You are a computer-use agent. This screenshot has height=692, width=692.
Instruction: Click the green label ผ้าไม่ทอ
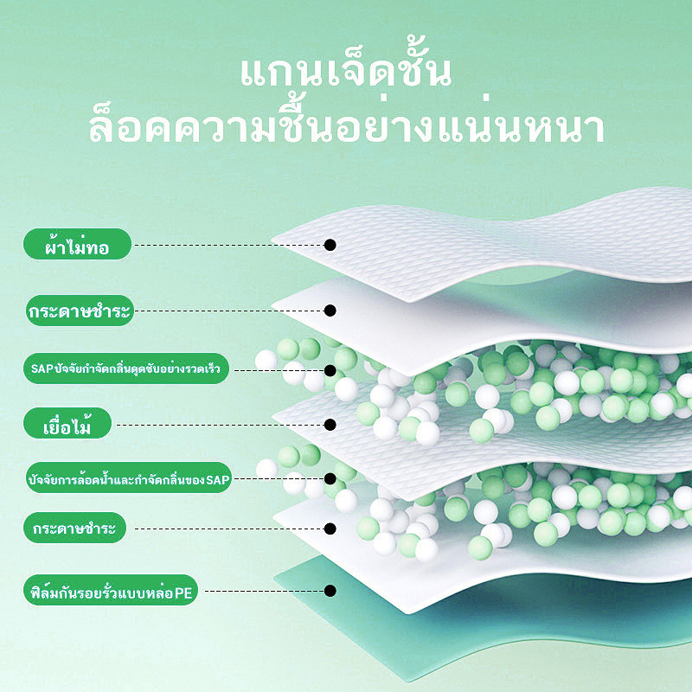point(77,244)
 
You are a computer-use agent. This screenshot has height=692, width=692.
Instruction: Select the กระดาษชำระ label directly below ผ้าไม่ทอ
point(80,311)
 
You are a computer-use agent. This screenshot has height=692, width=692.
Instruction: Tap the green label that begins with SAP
point(126,368)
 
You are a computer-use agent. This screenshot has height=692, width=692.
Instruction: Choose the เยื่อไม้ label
point(67,423)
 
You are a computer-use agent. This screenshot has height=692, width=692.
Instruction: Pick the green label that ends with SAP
point(128,477)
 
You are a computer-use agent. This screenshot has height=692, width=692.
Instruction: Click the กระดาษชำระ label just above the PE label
point(74,528)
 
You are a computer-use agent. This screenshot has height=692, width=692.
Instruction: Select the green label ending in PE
point(111,590)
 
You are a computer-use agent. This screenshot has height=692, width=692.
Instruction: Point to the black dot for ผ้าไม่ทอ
point(330,245)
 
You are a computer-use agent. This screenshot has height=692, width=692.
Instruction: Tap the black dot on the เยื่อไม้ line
point(330,425)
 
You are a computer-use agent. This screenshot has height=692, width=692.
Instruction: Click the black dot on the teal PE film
point(330,591)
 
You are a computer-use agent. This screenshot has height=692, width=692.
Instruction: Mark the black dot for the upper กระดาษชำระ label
point(330,311)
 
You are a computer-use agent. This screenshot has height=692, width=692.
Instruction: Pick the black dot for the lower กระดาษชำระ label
point(330,529)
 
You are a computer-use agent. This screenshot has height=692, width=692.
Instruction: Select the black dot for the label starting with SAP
point(330,370)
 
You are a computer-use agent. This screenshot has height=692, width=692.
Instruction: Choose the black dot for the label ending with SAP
point(330,478)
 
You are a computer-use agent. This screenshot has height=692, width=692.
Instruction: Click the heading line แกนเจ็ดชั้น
point(346,71)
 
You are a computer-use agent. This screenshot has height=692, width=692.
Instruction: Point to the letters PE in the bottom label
point(183,593)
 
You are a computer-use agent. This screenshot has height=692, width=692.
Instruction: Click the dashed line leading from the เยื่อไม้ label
point(220,425)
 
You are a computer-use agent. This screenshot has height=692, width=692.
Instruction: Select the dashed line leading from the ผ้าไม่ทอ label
point(229,245)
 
